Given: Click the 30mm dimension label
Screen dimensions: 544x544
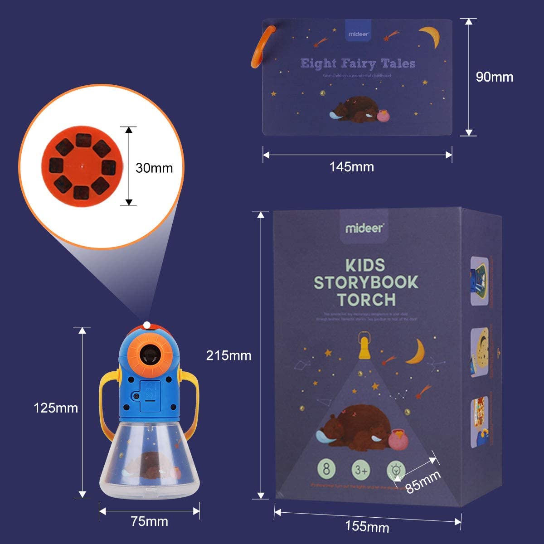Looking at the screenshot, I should click(154, 168).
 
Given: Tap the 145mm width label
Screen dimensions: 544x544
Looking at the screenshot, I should click(352, 167).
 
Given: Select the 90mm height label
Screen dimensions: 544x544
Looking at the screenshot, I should click(495, 77).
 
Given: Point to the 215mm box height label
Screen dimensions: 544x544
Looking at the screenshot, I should click(228, 355).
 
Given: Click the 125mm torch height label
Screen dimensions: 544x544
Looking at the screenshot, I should click(56, 408).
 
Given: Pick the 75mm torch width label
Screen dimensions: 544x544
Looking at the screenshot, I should click(149, 521).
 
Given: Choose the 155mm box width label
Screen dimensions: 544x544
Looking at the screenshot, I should click(367, 526).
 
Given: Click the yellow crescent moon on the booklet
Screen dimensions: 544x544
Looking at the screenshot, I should click(431, 36).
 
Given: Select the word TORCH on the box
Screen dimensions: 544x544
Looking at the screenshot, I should click(366, 300).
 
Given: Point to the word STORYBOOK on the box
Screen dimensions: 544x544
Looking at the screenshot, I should click(366, 282).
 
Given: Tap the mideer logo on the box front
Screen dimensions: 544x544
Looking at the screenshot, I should click(364, 228).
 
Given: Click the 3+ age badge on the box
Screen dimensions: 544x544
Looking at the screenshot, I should click(361, 470).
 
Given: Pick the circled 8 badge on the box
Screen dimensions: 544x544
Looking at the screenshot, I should click(326, 469).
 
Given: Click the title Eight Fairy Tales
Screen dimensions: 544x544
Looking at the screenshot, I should click(358, 63).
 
